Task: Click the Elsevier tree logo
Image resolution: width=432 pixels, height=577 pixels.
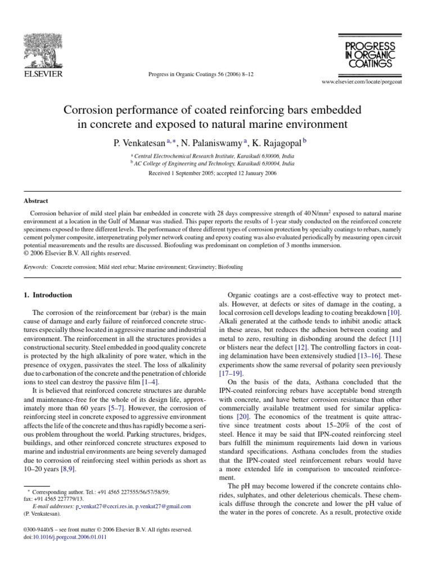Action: click(42, 48)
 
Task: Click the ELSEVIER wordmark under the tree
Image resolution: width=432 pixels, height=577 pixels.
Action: click(42, 73)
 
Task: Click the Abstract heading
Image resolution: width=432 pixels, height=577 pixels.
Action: click(36, 201)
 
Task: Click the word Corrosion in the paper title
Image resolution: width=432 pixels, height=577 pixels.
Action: click(92, 109)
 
